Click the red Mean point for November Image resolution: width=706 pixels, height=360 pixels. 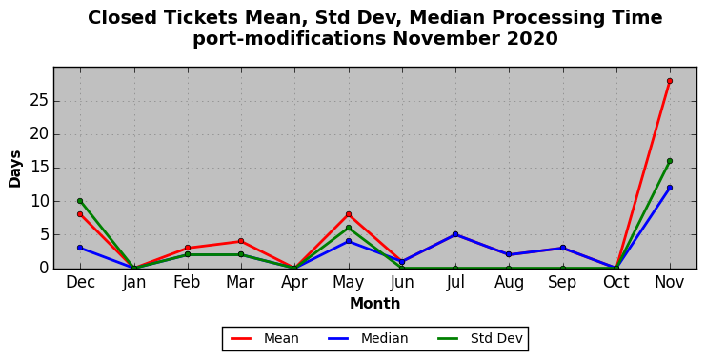click(x=670, y=81)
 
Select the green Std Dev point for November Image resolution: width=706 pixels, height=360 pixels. click(x=670, y=161)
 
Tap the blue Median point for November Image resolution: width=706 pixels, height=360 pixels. click(x=670, y=188)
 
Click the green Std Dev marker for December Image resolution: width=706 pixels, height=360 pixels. click(x=80, y=201)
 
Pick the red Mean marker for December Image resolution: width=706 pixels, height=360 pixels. click(x=80, y=214)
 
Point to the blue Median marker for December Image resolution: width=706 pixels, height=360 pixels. click(x=80, y=248)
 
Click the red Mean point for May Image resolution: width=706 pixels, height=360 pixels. click(x=349, y=214)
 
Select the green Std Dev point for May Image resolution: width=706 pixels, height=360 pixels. click(x=349, y=228)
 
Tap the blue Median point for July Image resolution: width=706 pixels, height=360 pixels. click(x=455, y=234)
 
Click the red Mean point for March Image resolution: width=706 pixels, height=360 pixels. click(x=241, y=241)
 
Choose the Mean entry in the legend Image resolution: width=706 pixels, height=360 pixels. click(x=265, y=338)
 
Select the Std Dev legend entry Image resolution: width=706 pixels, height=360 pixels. click(x=479, y=338)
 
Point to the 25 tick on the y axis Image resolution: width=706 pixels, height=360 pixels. click(x=39, y=101)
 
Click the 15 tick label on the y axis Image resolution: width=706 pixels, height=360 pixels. click(x=39, y=168)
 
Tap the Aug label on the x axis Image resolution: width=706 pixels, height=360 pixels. click(x=509, y=283)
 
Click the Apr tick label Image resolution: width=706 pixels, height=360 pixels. click(x=294, y=283)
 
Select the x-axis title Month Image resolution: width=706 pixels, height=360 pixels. click(x=375, y=303)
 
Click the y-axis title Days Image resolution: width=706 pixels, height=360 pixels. click(x=14, y=169)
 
